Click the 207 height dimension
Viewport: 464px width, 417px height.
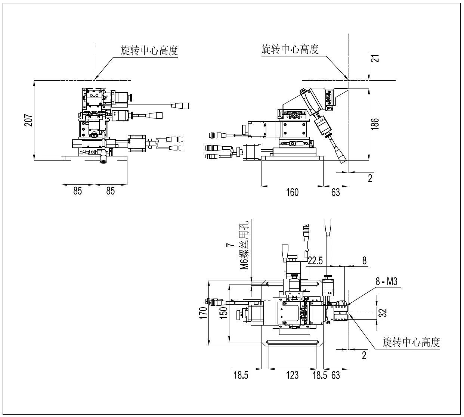29,120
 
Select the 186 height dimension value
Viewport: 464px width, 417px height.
376,124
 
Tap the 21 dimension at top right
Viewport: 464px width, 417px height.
376,59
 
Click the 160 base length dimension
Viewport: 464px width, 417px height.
292,192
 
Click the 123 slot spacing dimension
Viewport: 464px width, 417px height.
292,375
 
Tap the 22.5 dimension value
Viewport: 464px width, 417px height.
315,261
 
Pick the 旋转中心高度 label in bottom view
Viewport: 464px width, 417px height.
411,342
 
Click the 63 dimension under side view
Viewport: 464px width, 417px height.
335,192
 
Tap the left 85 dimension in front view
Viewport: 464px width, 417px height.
77,191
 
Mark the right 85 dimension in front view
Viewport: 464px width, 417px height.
111,191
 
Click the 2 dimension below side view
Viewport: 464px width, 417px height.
370,178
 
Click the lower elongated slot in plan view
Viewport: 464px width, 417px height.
292,343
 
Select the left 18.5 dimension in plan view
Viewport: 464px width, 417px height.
241,375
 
